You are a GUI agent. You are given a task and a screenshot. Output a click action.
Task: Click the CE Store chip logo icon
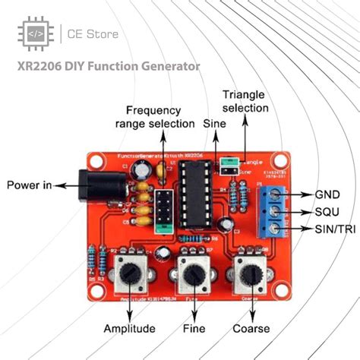[x=35, y=34]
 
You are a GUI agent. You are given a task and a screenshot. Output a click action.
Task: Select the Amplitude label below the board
[x=131, y=328]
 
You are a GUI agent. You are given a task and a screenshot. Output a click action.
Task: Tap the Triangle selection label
[x=245, y=102]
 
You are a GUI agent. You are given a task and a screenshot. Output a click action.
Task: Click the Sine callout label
[x=215, y=122]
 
